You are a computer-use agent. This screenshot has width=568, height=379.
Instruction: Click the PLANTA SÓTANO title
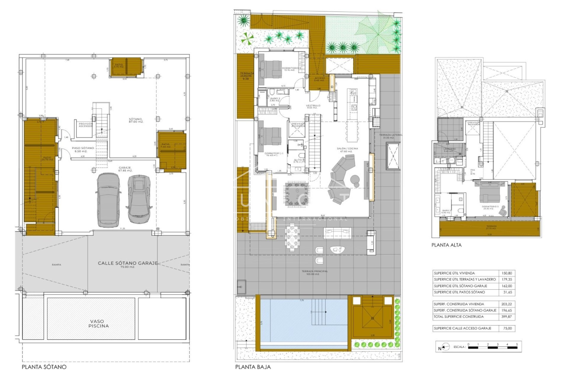(44, 367)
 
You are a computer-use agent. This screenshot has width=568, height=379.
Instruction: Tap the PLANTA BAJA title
(253, 367)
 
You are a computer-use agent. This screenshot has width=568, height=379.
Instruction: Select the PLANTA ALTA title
(446, 245)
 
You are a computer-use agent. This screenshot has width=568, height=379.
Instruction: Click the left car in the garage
(108, 200)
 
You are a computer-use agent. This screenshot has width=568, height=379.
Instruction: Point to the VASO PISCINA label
(99, 323)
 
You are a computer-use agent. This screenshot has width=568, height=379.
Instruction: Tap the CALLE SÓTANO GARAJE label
(128, 263)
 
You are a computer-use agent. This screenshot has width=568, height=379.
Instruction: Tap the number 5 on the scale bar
(517, 344)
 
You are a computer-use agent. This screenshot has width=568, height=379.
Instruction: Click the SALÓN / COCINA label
(347, 150)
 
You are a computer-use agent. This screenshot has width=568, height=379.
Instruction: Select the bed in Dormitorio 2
(270, 69)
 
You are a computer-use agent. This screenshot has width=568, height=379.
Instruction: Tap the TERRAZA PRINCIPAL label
(314, 272)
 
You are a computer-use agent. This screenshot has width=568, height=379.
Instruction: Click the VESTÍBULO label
(313, 106)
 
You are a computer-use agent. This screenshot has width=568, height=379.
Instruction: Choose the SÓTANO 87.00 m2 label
(136, 120)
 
